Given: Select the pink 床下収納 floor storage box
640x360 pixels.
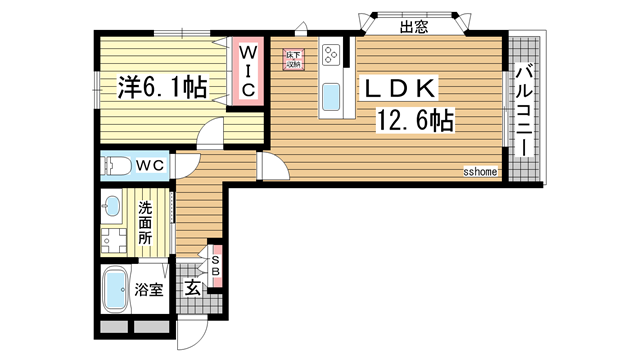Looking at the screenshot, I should (x=293, y=59).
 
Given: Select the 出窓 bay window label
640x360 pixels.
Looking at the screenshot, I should (x=414, y=28).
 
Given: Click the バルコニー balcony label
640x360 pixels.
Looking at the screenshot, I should (x=523, y=109).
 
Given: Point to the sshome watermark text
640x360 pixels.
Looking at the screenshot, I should (x=480, y=171).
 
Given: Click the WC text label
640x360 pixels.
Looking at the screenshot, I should (x=150, y=164).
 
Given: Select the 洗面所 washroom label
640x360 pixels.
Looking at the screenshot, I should (x=146, y=224).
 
